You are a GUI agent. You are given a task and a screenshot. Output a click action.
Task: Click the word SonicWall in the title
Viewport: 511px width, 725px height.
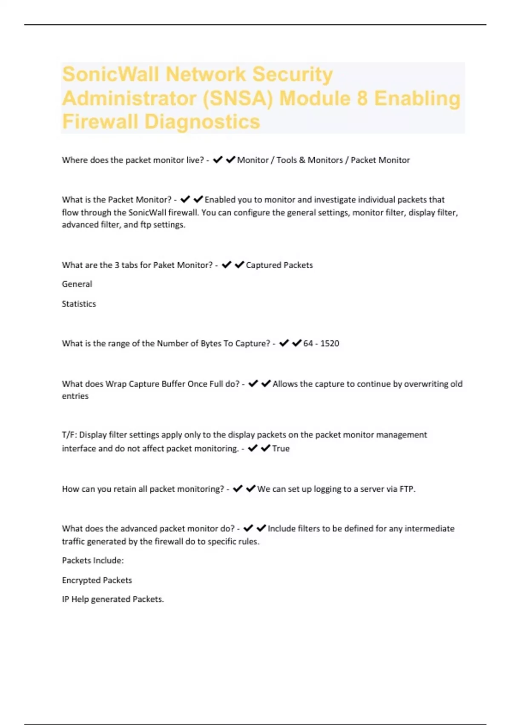(111, 74)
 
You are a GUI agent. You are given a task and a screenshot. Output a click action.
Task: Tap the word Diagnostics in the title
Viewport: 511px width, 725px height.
(202, 122)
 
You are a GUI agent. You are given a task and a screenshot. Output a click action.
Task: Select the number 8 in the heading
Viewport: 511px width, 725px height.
(362, 99)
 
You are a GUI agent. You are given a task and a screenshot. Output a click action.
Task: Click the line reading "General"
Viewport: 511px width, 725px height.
(77, 284)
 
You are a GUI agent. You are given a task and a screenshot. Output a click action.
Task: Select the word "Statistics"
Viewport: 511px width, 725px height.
(79, 304)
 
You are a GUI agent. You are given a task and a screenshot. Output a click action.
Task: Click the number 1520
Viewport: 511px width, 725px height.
(330, 344)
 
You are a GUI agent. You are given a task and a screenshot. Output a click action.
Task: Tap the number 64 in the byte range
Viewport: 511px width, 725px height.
(308, 344)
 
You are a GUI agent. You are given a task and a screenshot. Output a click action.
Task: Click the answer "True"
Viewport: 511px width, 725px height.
(281, 449)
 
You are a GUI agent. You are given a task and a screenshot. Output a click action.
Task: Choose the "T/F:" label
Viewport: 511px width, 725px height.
(69, 435)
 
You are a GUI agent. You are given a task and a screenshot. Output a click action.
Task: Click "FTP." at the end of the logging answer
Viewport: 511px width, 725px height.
(407, 489)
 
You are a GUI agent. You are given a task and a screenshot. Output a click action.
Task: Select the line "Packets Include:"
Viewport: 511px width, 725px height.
(93, 561)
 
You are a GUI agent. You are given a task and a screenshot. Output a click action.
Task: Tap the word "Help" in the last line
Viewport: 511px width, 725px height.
(80, 599)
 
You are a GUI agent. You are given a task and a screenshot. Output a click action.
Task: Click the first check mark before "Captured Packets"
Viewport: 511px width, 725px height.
(227, 265)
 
